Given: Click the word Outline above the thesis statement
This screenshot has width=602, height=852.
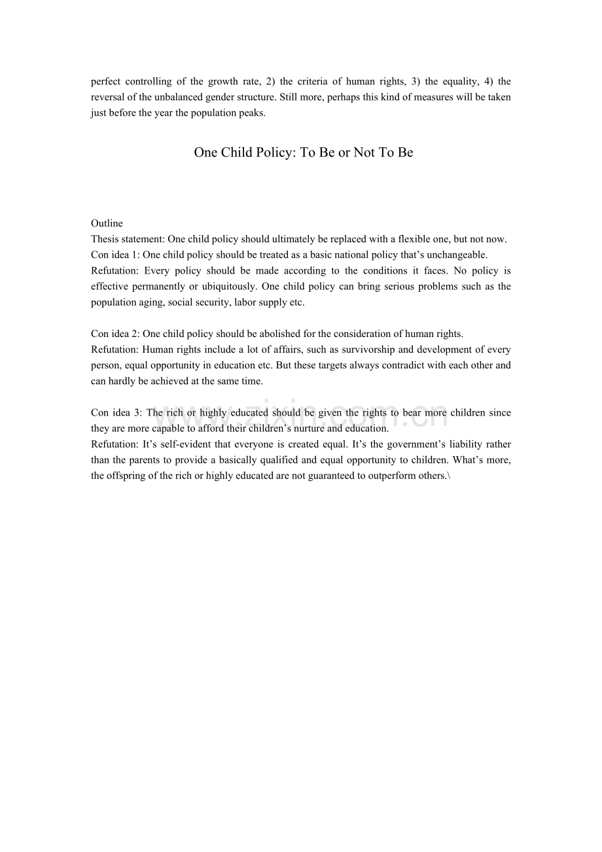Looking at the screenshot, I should (x=107, y=224).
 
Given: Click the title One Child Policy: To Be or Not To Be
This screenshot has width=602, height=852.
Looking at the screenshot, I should (x=303, y=152).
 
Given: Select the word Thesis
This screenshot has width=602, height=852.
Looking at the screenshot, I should (x=105, y=240).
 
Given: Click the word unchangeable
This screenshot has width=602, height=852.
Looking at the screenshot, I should (x=456, y=255).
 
